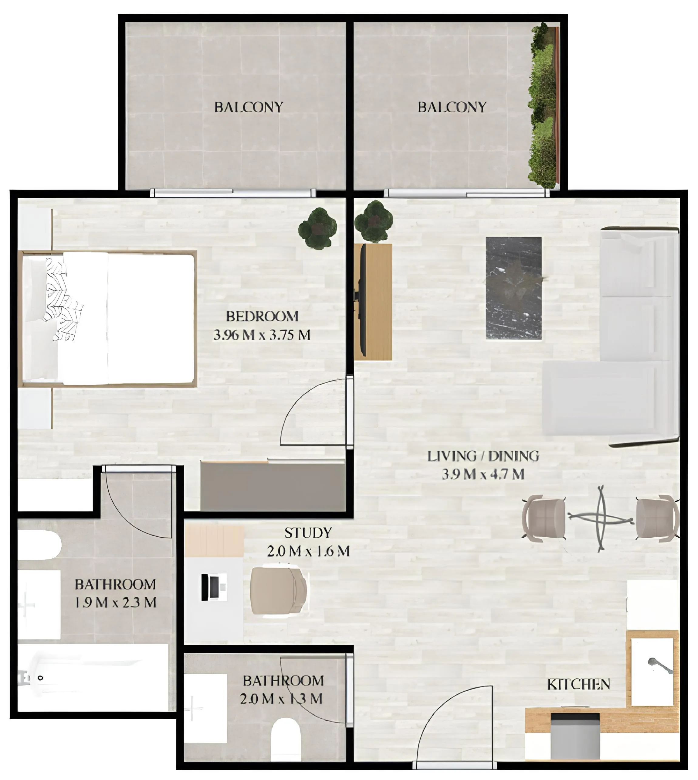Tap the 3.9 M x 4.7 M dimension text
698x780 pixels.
483,475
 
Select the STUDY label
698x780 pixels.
308,533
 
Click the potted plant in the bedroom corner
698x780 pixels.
317,228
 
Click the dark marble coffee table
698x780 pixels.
513,288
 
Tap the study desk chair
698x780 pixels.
278,591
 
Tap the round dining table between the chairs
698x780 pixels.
601,518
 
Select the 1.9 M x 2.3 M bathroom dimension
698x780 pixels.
115,603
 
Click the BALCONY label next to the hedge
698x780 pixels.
452,107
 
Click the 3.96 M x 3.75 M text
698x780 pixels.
262,336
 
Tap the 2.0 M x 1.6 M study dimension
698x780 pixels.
308,552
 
